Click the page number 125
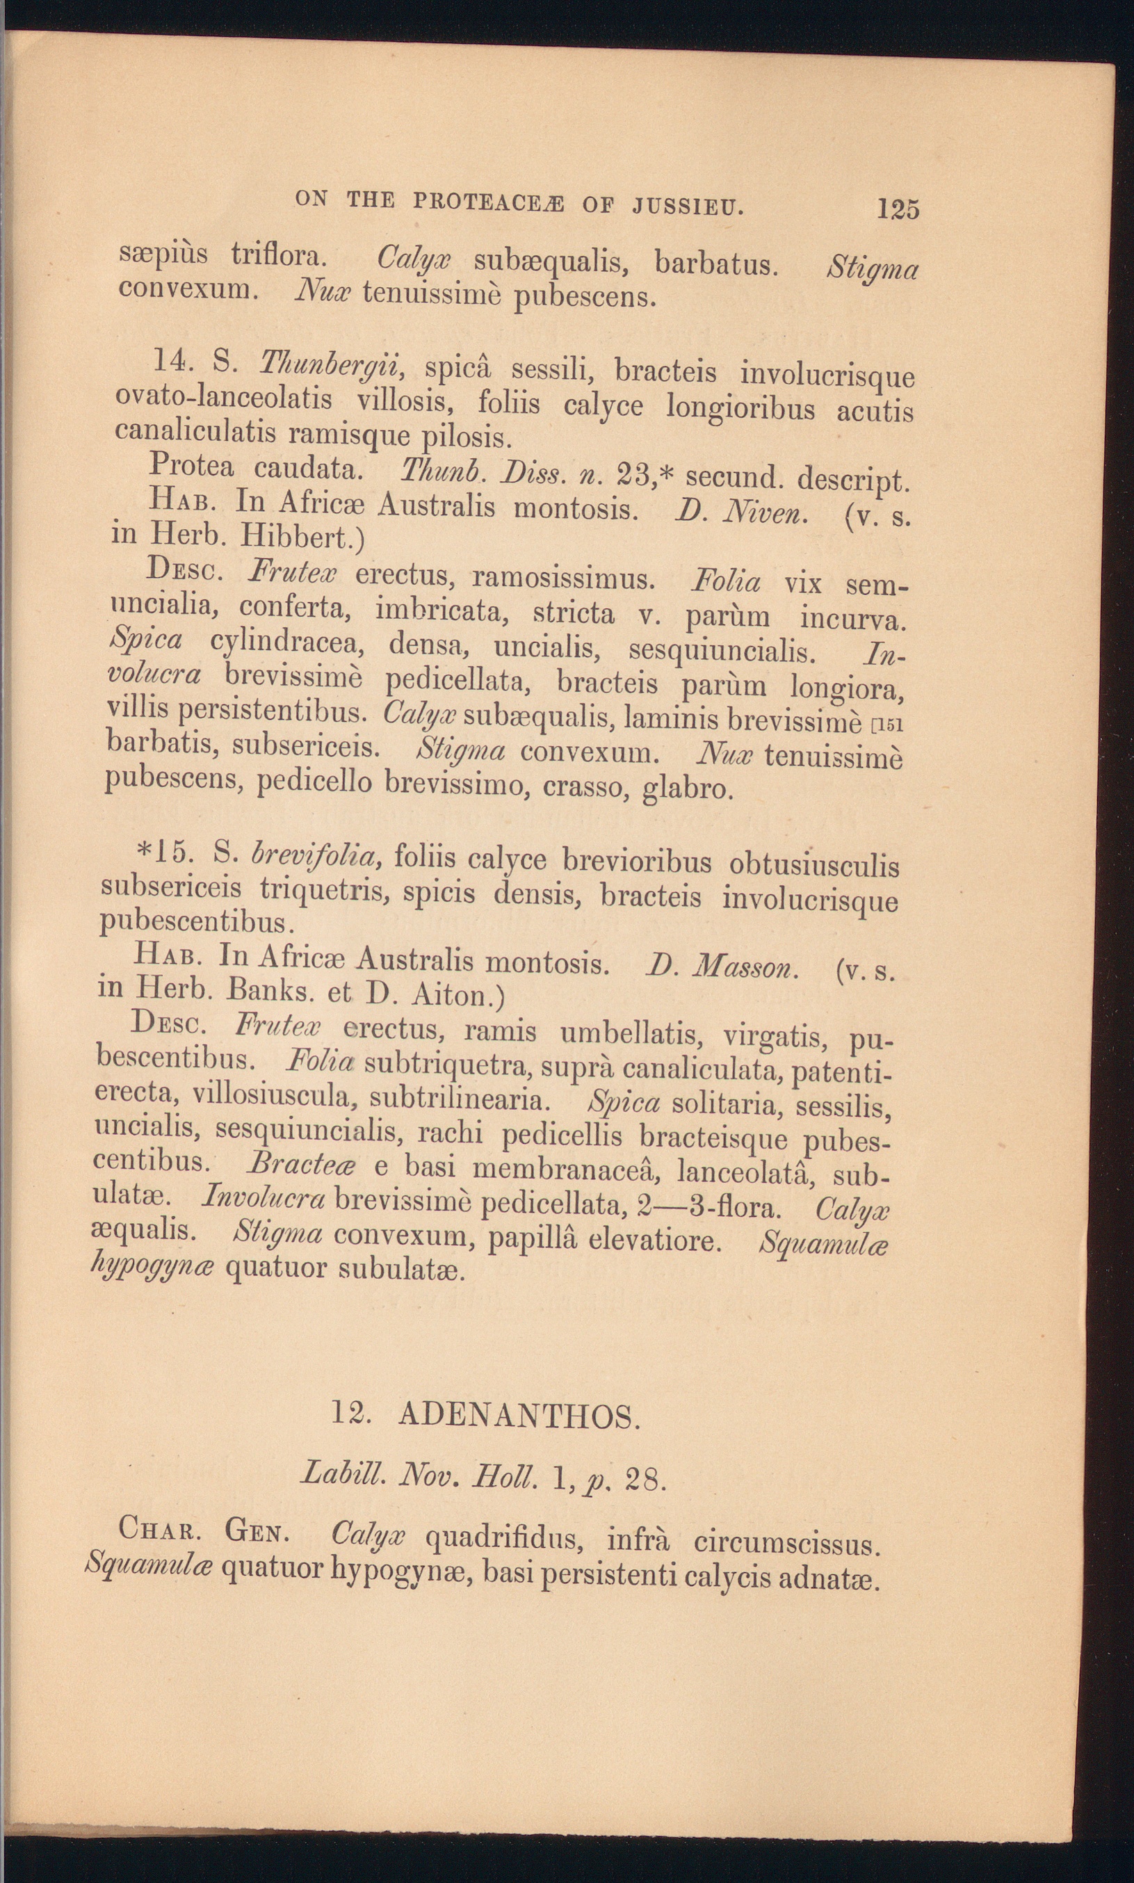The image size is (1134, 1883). click(x=898, y=209)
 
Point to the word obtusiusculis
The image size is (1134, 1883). click(x=813, y=865)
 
